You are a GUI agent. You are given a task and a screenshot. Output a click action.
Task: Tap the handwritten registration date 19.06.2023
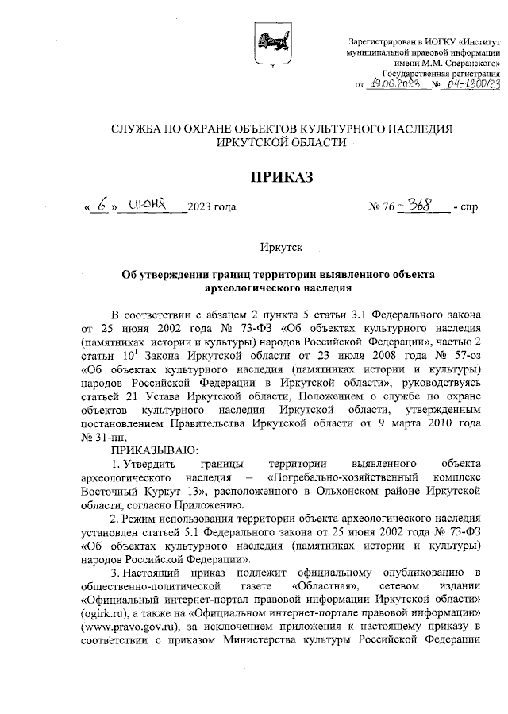pyautogui.click(x=392, y=83)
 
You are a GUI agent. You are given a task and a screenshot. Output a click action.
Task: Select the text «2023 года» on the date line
pyautogui.click(x=211, y=209)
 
